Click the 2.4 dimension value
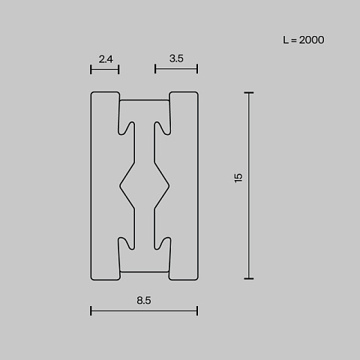tap(106, 59)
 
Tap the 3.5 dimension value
tap(176, 58)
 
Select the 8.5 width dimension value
tap(144, 300)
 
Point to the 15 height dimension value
tap(238, 178)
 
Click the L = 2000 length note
tap(304, 40)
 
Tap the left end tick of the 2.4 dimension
tap(91, 70)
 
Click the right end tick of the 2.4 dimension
tap(118, 70)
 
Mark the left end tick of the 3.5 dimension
tap(155, 69)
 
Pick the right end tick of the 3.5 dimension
tap(197, 69)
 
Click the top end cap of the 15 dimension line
tap(249, 93)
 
